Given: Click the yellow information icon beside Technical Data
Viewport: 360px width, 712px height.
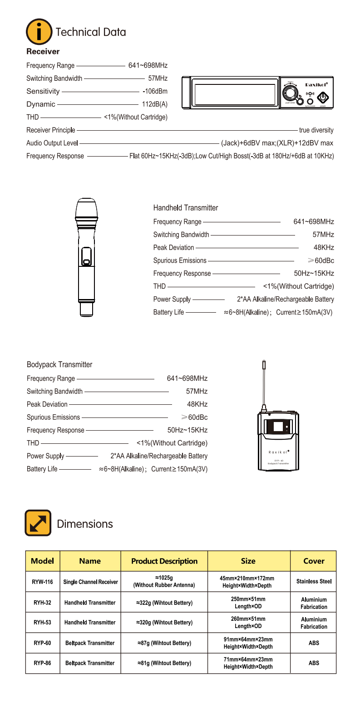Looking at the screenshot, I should (x=39, y=32).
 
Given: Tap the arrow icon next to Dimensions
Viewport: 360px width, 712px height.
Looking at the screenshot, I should (x=38, y=523).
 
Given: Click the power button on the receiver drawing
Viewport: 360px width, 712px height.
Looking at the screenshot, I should (x=322, y=97).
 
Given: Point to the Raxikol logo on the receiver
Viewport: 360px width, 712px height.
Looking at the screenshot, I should (x=316, y=84).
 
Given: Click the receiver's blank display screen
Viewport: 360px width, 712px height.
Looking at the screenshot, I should (x=235, y=93).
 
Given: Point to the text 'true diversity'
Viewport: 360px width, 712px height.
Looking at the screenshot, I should (x=316, y=130).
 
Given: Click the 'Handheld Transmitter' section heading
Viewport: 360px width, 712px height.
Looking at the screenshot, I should (x=186, y=208).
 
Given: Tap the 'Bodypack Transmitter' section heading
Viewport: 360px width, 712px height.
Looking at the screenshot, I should (x=59, y=364).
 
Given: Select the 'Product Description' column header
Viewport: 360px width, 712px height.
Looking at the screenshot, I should (x=164, y=561).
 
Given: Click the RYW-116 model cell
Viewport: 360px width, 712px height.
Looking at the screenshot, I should (x=42, y=582).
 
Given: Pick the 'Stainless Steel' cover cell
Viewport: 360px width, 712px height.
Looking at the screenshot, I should (x=314, y=581).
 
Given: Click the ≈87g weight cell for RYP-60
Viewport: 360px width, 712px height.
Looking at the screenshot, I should (x=164, y=643).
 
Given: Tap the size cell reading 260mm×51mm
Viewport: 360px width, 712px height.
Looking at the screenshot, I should (x=248, y=622).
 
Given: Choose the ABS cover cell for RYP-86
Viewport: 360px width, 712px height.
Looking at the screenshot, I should (x=314, y=663).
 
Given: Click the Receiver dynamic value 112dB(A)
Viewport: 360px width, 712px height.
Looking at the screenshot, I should (x=155, y=104).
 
